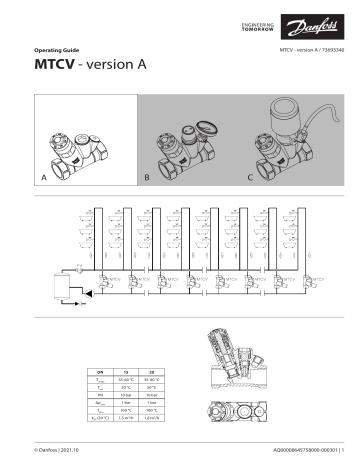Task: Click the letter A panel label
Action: click(x=43, y=176)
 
